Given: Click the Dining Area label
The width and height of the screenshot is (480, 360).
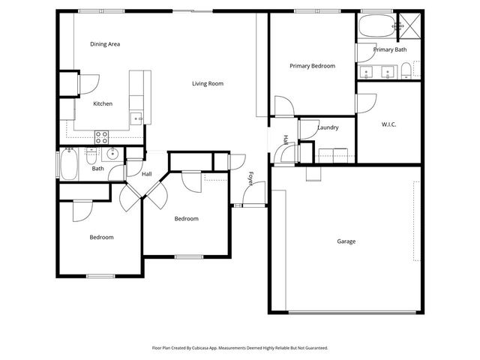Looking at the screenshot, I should click(x=105, y=44).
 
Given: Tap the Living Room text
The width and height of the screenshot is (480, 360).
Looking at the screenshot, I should click(x=208, y=84).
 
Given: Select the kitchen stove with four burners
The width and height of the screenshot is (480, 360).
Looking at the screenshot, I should click(x=101, y=136).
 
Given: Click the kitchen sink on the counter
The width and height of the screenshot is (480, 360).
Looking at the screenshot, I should click(x=137, y=118).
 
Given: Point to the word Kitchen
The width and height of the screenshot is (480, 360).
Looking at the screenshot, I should click(x=103, y=103).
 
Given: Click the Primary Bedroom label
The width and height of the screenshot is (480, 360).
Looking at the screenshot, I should click(x=312, y=66).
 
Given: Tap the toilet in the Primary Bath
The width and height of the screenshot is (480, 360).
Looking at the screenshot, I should click(x=406, y=71).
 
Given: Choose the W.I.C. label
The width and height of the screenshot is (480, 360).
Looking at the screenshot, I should click(x=388, y=124).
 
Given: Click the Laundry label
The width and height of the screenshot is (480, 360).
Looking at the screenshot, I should click(x=328, y=127).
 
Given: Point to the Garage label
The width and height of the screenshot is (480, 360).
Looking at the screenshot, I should click(x=346, y=241).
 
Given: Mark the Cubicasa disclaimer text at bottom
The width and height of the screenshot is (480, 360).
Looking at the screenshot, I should click(x=240, y=348).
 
